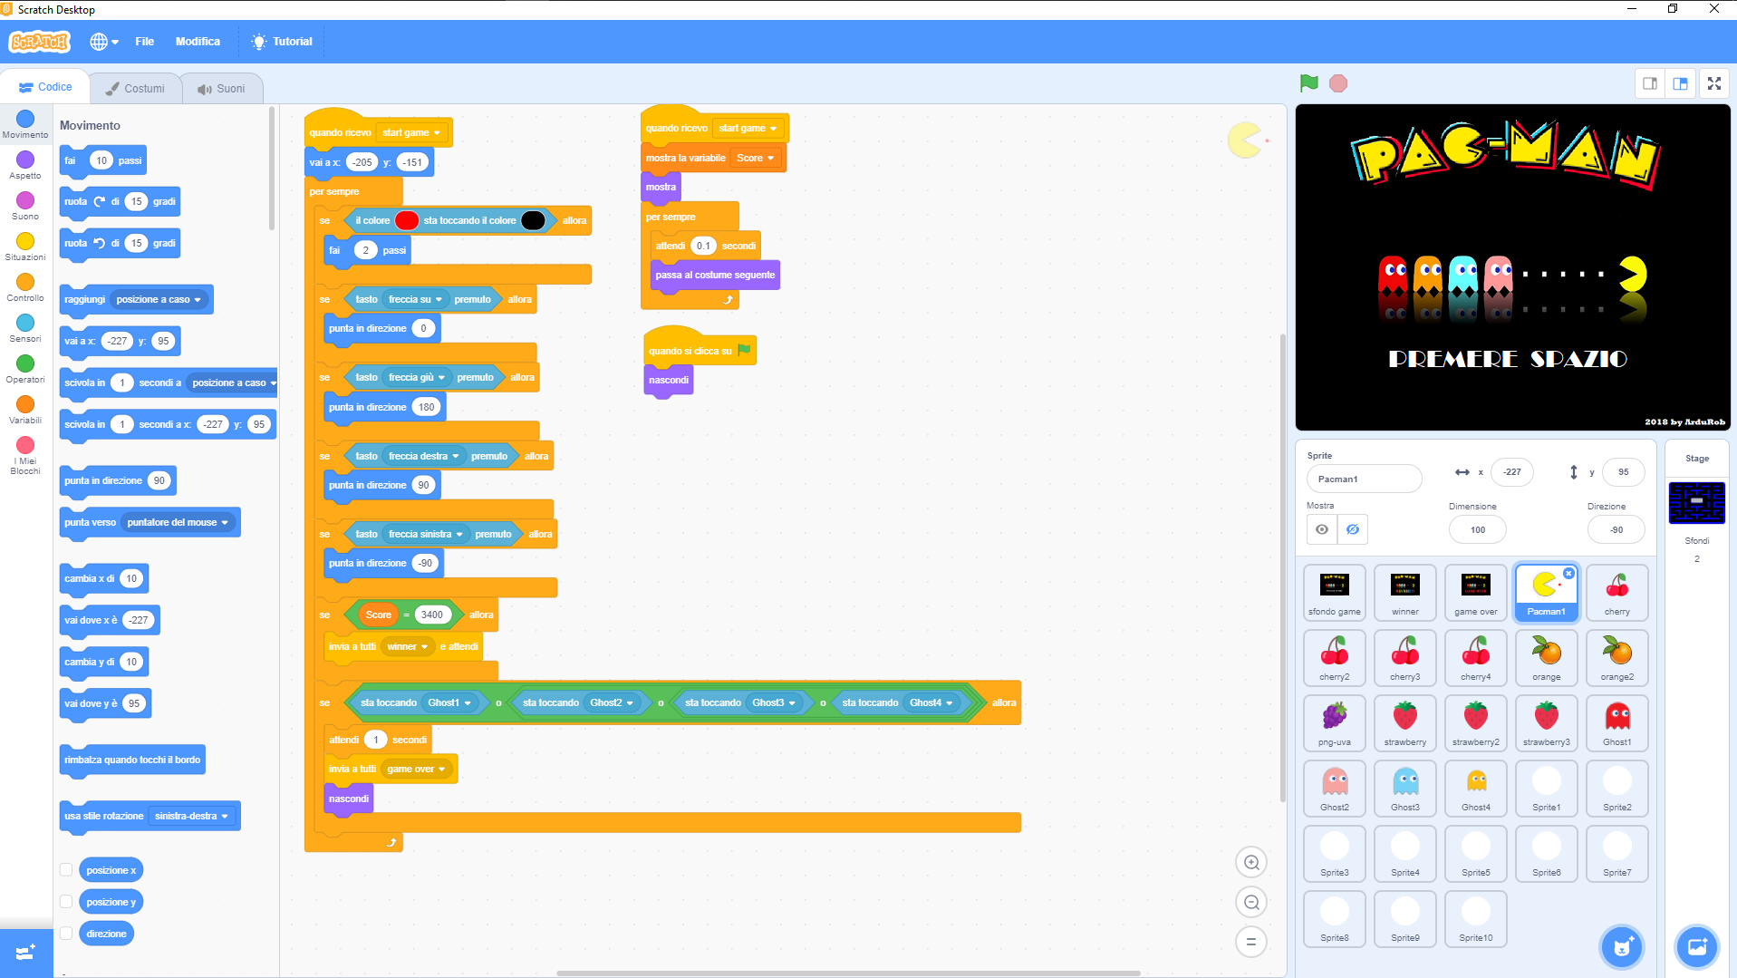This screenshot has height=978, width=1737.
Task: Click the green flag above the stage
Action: pos(1308,83)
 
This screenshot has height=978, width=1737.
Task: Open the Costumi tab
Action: pos(135,88)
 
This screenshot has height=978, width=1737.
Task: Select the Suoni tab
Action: pos(222,88)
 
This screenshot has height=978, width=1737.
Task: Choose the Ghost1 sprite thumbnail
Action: pos(1616,721)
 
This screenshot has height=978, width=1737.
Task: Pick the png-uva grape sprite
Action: pos(1334,721)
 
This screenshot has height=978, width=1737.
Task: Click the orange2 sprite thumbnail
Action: pos(1616,656)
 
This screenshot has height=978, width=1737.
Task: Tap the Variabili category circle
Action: pos(25,404)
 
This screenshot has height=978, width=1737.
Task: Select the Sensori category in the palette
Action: pos(25,323)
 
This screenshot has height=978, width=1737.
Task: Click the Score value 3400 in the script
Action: pos(432,615)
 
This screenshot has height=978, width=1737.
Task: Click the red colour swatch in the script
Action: pos(407,220)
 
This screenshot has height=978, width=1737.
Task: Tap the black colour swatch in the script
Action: pos(533,220)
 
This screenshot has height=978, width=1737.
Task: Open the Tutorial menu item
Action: pos(283,42)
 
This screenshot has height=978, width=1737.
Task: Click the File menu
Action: pos(144,42)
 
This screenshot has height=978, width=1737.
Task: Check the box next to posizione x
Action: pos(66,870)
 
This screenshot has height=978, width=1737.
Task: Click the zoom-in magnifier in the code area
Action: pos(1251,863)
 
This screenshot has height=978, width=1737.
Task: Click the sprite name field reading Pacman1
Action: pos(1363,479)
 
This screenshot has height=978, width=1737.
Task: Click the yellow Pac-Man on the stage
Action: pos(1632,274)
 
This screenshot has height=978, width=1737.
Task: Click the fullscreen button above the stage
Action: pos(1713,83)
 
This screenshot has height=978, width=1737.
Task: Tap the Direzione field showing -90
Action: pos(1616,529)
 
